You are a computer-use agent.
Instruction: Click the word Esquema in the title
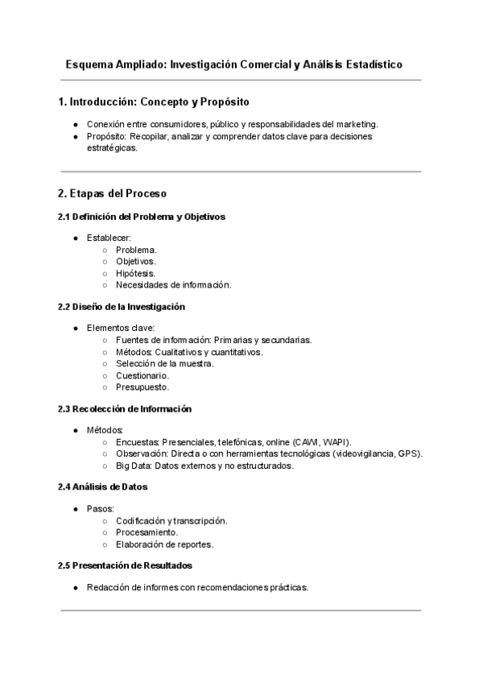[x=89, y=64]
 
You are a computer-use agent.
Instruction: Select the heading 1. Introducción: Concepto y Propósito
[x=154, y=102]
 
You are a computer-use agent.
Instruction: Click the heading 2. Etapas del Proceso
[x=112, y=194]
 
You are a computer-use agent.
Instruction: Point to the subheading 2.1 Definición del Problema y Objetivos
[x=142, y=217]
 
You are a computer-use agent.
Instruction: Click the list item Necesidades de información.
[x=173, y=284]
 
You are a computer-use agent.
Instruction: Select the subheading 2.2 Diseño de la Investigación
[x=122, y=307]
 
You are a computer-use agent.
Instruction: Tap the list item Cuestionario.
[x=142, y=375]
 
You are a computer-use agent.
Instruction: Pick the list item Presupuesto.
[x=142, y=387]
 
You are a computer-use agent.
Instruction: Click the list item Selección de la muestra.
[x=164, y=363]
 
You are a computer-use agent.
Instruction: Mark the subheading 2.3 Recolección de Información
[x=125, y=409]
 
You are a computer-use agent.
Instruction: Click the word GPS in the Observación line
[x=410, y=453]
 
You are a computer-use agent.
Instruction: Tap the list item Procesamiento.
[x=147, y=532]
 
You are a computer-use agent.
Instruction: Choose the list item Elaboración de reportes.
[x=164, y=544]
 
